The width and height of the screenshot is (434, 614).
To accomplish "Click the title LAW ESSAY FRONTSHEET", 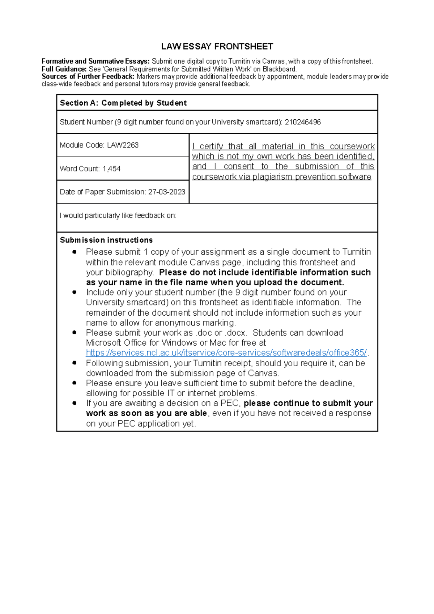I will [x=217, y=47].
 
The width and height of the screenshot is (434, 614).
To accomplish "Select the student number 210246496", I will [x=303, y=122].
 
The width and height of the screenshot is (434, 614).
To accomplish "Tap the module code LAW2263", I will [x=123, y=145].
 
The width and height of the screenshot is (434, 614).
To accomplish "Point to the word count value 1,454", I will [x=111, y=169].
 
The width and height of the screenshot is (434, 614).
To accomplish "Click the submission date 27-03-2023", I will [x=167, y=192].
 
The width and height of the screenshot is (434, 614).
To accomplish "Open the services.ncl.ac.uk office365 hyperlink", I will [x=226, y=353].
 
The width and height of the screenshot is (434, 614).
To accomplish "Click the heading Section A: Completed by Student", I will [x=123, y=103].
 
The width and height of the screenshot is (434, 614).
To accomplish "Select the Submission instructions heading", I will [x=106, y=240].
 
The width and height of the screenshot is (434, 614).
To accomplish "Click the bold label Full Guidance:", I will [x=64, y=69].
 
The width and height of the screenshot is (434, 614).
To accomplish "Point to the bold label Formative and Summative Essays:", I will [x=95, y=61].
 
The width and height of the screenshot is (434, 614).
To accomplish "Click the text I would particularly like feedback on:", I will [x=118, y=216].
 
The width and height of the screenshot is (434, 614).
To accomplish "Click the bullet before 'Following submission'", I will [x=75, y=363].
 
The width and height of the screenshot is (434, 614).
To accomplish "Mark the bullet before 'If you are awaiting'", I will [x=75, y=403].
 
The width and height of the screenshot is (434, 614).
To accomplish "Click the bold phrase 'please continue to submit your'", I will [x=308, y=403].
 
